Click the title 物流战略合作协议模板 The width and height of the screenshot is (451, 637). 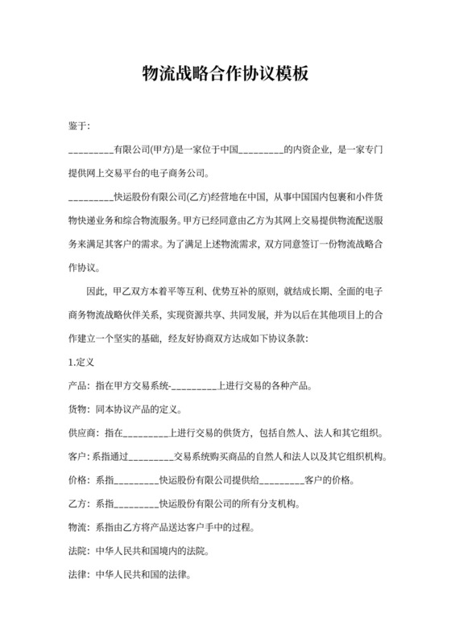coord(225,74)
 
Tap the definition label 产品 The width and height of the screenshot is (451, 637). coord(79,386)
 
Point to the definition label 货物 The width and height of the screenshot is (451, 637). coord(79,410)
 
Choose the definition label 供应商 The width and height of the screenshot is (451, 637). coord(84,434)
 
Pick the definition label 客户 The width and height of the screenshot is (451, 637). coord(79,458)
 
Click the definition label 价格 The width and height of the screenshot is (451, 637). coord(79,483)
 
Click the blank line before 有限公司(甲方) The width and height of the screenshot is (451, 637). coord(91,150)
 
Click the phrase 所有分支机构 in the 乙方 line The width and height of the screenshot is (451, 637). coord(260,506)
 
